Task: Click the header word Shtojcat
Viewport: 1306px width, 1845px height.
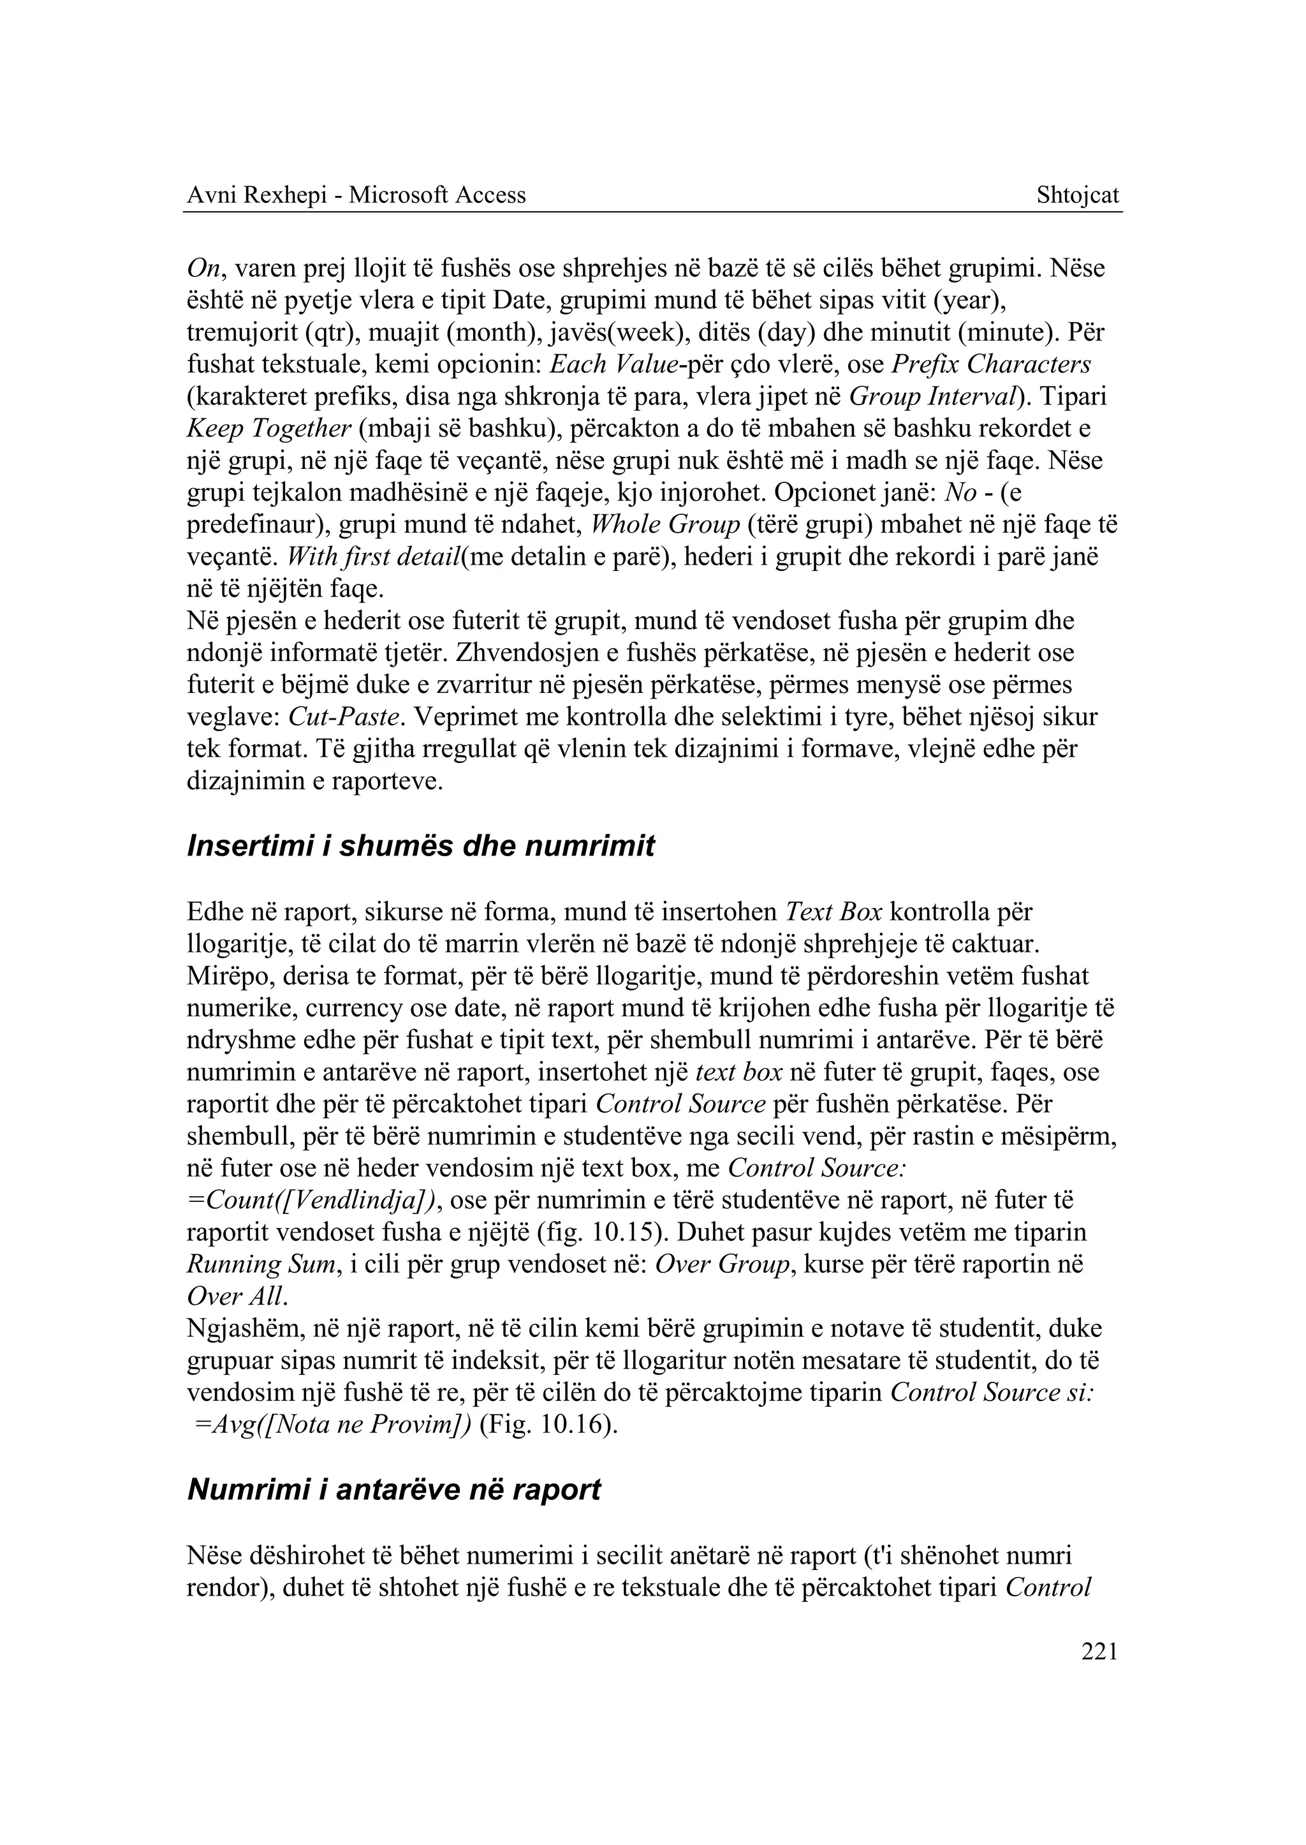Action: pyautogui.click(x=1077, y=195)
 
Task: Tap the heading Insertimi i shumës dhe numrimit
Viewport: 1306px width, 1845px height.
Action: pyautogui.click(x=421, y=847)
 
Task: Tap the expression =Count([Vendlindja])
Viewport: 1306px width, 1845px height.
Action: pyautogui.click(x=313, y=1201)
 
